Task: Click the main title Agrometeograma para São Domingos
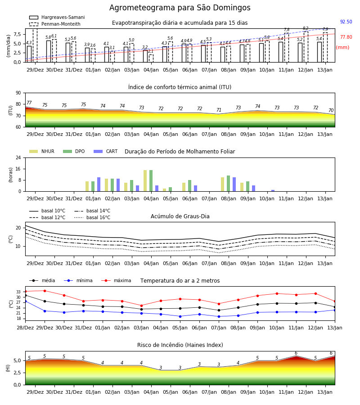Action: coord(180,8)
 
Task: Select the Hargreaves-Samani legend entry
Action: coord(57,17)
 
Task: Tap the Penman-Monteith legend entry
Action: coord(55,24)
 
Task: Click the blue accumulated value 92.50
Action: coord(346,22)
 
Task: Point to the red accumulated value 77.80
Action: coord(346,37)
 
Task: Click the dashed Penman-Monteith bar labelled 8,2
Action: coord(306,47)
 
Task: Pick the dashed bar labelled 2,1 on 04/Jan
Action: coord(151,58)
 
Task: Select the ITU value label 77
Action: coord(29,103)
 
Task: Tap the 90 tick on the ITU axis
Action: coord(18,93)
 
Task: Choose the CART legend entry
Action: coord(106,151)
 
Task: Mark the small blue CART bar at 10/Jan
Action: coord(273,191)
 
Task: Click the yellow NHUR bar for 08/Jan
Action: coord(223,184)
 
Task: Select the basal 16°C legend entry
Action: coord(92,217)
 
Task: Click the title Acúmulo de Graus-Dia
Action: coord(180,216)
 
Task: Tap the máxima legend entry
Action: coord(116,280)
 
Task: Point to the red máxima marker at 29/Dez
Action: coord(45,291)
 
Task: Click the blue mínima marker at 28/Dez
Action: coord(26,301)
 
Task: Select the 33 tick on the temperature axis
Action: coord(18,292)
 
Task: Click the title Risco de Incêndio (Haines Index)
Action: coord(180,345)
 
